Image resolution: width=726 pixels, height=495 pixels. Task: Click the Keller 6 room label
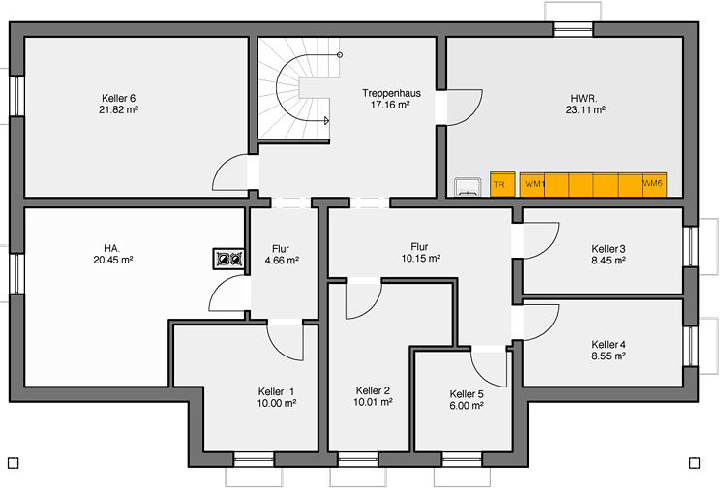pos(118,98)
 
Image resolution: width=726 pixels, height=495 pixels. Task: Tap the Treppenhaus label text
pos(391,93)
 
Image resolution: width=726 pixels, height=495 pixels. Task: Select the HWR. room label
pos(584,98)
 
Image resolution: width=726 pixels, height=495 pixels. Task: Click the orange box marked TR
pos(502,184)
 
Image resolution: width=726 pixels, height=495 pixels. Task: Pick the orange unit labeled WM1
pos(532,184)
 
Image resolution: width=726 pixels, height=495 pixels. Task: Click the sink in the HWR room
pos(469,187)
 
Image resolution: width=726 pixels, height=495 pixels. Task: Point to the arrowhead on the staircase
pos(326,121)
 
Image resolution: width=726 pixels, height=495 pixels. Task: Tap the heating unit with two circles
pos(229,259)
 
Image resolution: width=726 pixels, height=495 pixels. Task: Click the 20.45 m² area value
pos(113,260)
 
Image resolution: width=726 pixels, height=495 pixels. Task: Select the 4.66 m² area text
pos(282,261)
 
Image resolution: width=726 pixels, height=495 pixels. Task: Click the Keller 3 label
pos(609,249)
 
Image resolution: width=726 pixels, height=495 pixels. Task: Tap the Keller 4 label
pos(609,344)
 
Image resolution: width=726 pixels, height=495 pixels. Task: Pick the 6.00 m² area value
pos(467,406)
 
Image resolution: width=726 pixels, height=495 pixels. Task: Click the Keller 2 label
pos(373,390)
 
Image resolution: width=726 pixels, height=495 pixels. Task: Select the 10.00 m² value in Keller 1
pos(277,403)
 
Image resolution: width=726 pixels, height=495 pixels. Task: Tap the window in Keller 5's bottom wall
pos(462,459)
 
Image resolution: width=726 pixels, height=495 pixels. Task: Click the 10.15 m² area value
pos(420,259)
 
